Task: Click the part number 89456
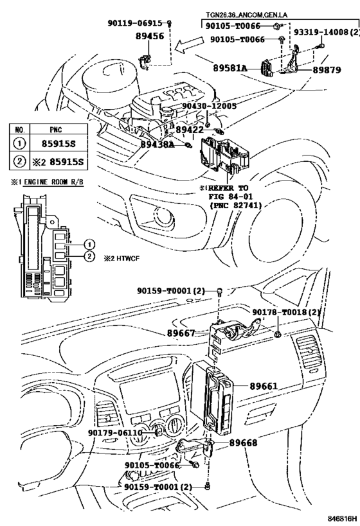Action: click(x=150, y=37)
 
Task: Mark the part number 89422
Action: click(x=190, y=129)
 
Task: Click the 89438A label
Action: click(x=157, y=145)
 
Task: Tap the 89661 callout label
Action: click(x=263, y=386)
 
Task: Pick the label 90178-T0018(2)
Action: click(x=285, y=312)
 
